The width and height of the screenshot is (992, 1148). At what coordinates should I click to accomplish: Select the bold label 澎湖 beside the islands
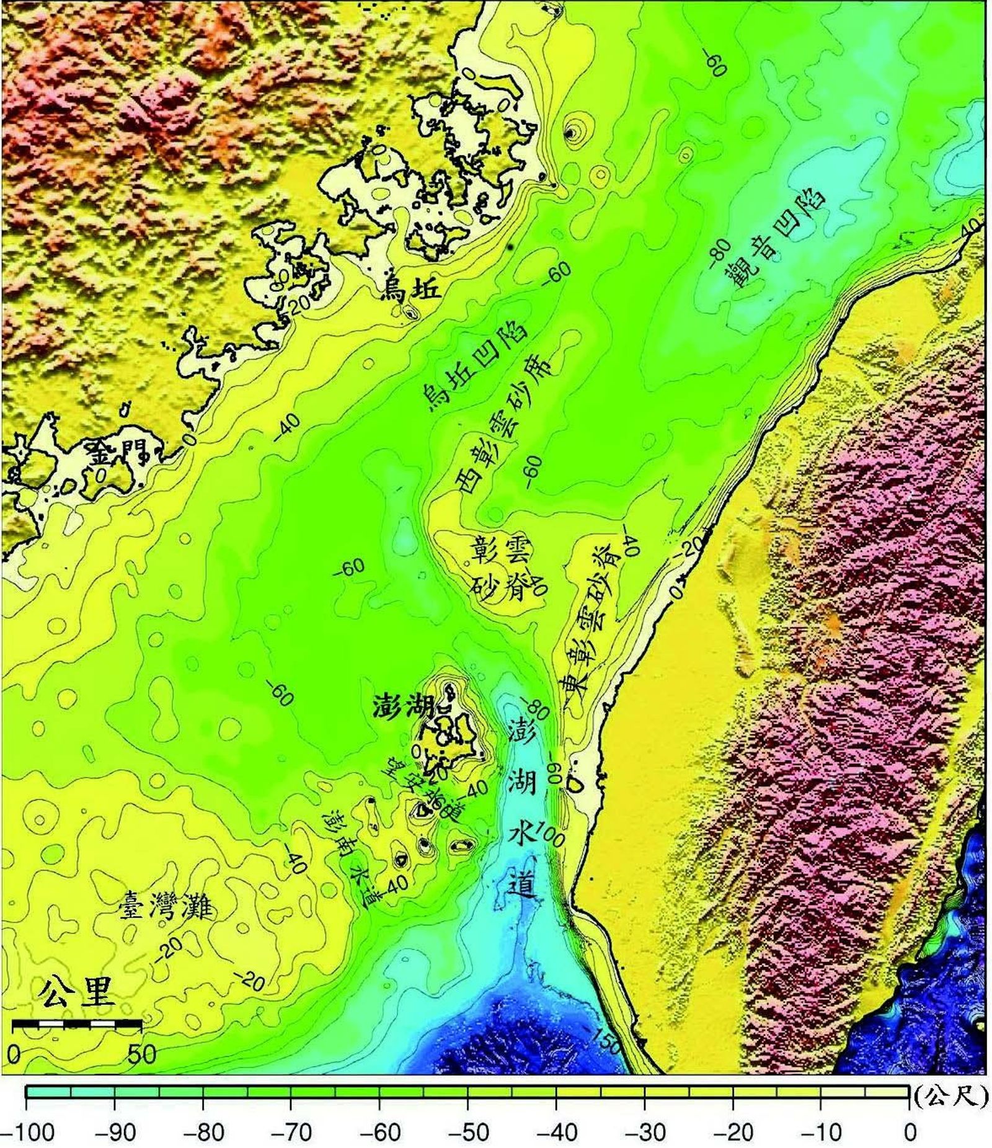point(402,706)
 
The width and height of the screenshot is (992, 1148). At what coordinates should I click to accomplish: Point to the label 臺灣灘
point(165,908)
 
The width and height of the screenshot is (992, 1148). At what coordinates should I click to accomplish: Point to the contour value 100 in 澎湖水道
point(549,834)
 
